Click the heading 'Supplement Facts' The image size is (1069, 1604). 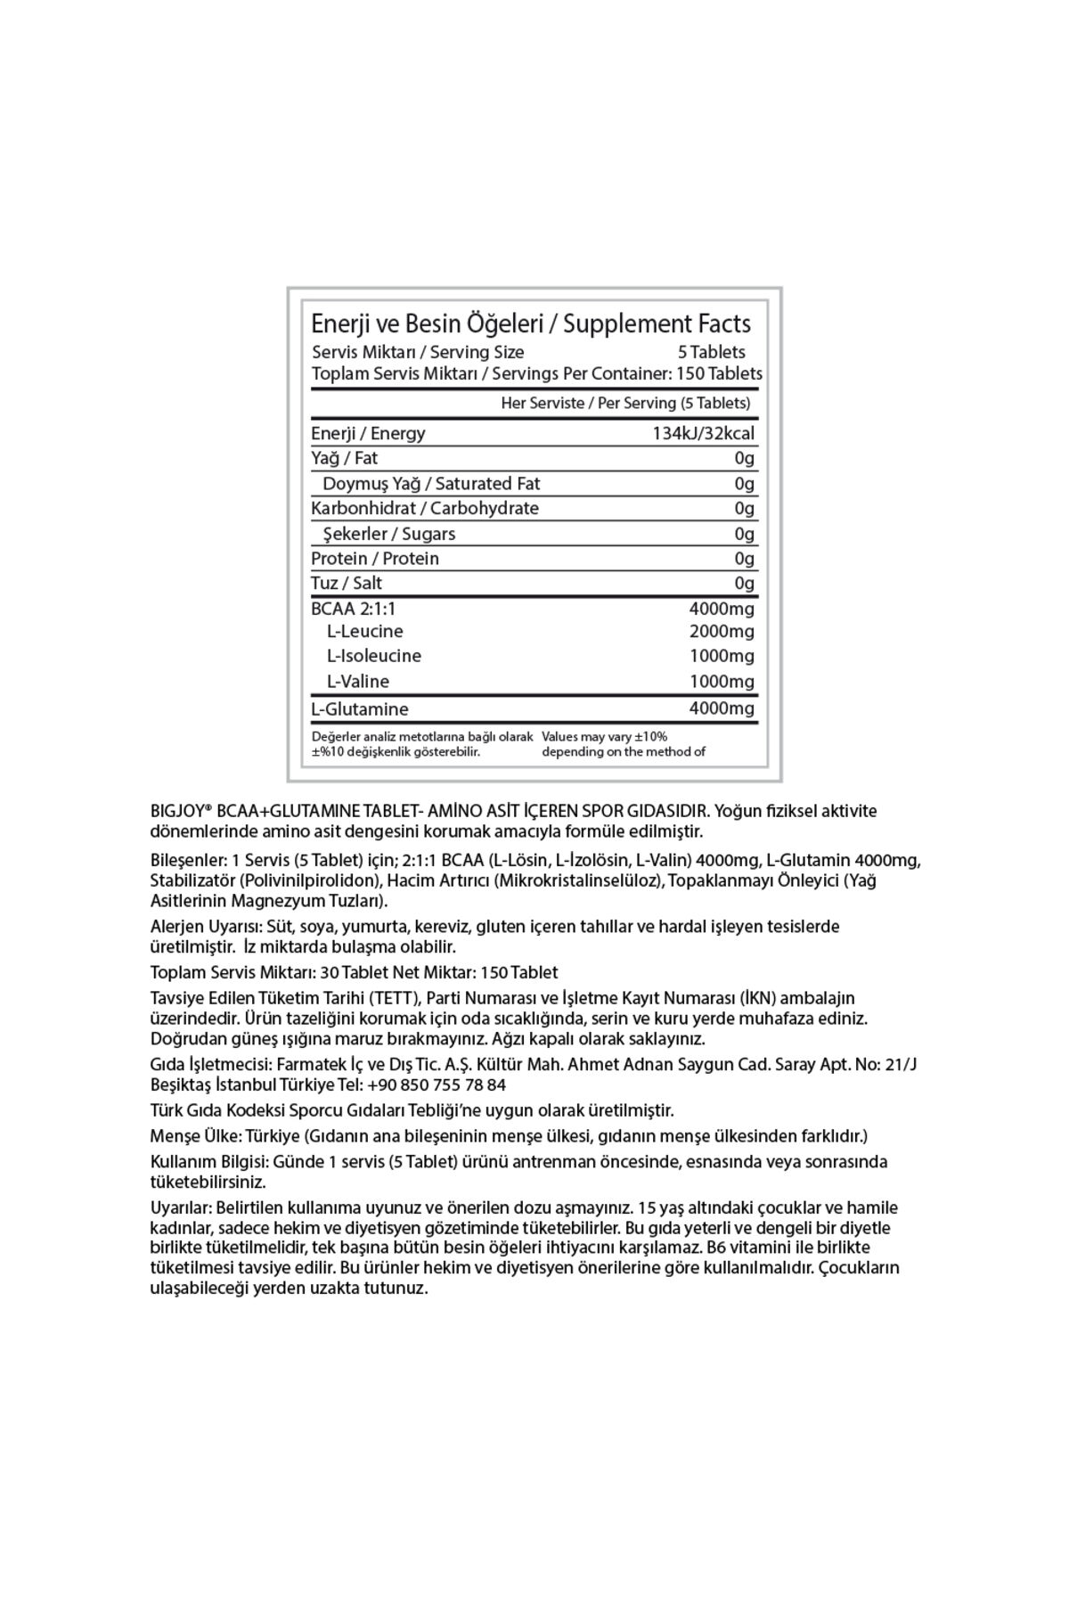657,323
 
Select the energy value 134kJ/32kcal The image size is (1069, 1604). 704,434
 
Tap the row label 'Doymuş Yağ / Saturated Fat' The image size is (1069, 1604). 431,484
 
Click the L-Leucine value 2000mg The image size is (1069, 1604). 722,632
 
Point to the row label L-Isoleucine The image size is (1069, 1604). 374,656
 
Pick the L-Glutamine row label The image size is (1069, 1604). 360,709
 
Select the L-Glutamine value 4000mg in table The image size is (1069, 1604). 722,709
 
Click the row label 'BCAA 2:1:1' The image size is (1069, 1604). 353,609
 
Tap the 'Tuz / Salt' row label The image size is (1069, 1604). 347,583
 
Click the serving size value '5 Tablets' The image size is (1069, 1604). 712,352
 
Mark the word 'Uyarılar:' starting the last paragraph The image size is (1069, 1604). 181,1208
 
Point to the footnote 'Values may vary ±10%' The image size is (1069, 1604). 605,737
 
